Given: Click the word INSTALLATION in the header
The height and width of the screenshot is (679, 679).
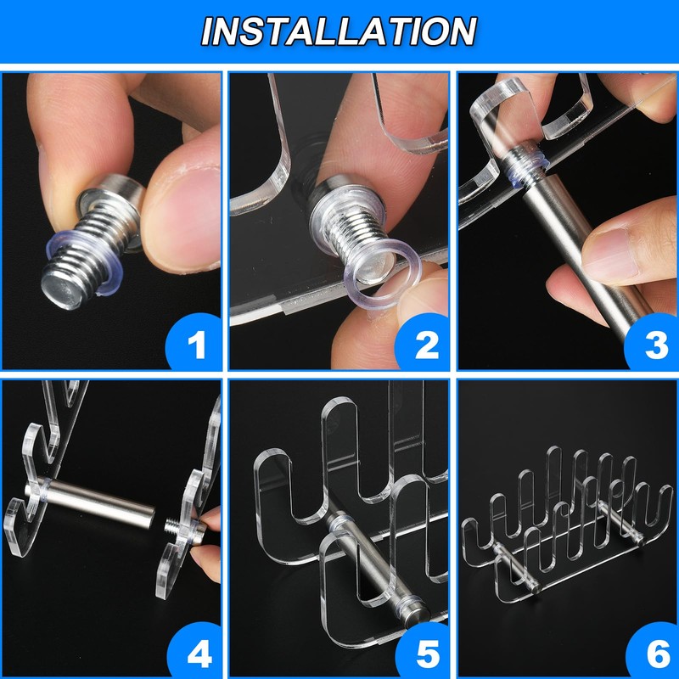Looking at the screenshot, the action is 339,31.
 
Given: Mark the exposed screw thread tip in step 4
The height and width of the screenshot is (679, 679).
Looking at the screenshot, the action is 173,527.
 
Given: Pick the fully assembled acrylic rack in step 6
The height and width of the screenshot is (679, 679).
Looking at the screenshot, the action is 567,524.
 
